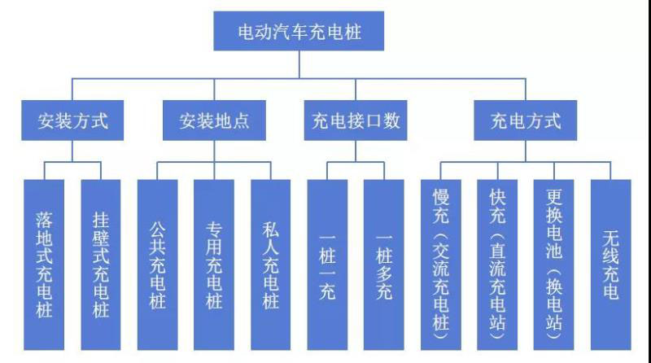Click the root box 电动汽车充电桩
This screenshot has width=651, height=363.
pos(299,33)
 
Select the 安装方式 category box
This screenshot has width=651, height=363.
pos(73,121)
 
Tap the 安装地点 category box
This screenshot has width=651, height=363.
pos(214,121)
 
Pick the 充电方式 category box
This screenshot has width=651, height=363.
pos(526,121)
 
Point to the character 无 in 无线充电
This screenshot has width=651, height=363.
pos(610,238)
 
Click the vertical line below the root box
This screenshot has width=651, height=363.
pos(299,65)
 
